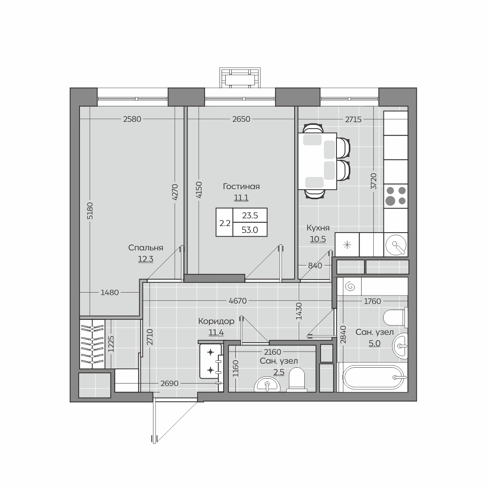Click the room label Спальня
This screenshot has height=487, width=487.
coord(146,248)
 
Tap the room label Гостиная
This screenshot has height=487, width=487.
coord(241,187)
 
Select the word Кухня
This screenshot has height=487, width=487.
coord(318,228)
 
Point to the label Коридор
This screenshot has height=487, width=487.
coord(216,321)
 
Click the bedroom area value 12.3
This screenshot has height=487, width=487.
coord(146,259)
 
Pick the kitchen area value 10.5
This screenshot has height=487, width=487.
coord(318,239)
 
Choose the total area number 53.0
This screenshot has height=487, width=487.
coord(250,230)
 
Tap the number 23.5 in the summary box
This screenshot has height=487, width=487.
coord(250,215)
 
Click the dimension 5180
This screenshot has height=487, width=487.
coord(90,211)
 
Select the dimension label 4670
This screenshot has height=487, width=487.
coord(237,301)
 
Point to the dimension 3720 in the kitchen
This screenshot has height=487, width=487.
coord(374,181)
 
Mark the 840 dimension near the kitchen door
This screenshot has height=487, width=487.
coord(315,265)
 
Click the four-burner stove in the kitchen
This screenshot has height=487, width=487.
coord(396,196)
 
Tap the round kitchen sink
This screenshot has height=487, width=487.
coord(396,245)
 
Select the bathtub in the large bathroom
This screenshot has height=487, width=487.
coord(375,377)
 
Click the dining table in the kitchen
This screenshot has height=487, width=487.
coord(317,161)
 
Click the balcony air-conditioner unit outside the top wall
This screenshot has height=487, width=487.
coord(240,78)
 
